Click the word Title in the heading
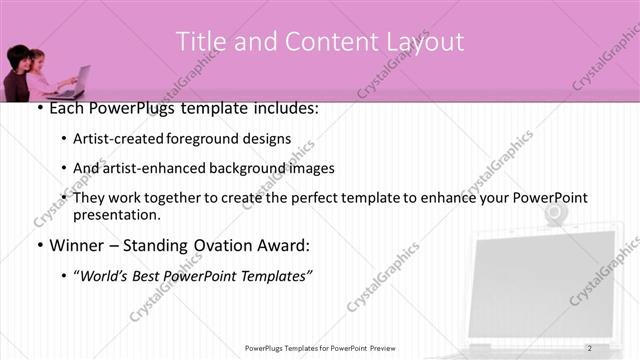click(200, 42)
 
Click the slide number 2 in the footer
click(590, 347)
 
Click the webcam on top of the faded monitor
click(552, 214)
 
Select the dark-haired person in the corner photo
click(19, 72)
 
